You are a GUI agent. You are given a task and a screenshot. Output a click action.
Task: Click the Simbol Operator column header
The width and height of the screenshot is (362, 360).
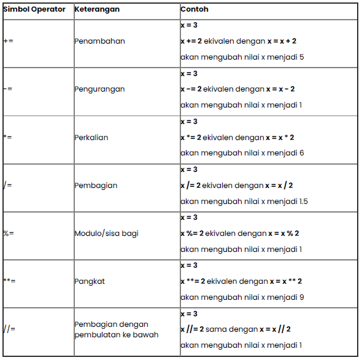(x=34, y=10)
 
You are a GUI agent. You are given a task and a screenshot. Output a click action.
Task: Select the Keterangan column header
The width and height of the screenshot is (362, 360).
(x=96, y=10)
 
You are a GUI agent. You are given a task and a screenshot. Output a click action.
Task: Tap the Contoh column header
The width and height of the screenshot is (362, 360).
(x=194, y=10)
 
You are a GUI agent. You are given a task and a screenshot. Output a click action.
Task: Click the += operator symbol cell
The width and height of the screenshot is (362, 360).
(x=8, y=41)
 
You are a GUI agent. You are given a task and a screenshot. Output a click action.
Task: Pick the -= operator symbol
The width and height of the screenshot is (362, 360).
(x=8, y=89)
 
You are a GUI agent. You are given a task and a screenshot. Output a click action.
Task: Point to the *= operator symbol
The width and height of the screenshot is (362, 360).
(x=8, y=138)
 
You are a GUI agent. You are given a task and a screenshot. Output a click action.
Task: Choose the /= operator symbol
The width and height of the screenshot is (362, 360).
(x=8, y=186)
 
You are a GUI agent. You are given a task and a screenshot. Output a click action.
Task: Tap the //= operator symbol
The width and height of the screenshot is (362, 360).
(x=9, y=329)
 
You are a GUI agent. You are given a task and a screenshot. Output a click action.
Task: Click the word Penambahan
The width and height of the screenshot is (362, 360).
(x=99, y=41)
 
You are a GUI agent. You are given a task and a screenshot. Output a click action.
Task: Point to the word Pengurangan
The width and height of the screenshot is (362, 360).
(x=99, y=89)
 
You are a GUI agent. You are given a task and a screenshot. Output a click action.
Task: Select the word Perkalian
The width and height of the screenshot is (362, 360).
(x=91, y=138)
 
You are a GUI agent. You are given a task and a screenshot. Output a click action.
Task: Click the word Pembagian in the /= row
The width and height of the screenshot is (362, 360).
(x=96, y=186)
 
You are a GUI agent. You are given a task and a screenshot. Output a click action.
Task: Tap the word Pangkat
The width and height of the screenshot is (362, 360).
(x=90, y=281)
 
